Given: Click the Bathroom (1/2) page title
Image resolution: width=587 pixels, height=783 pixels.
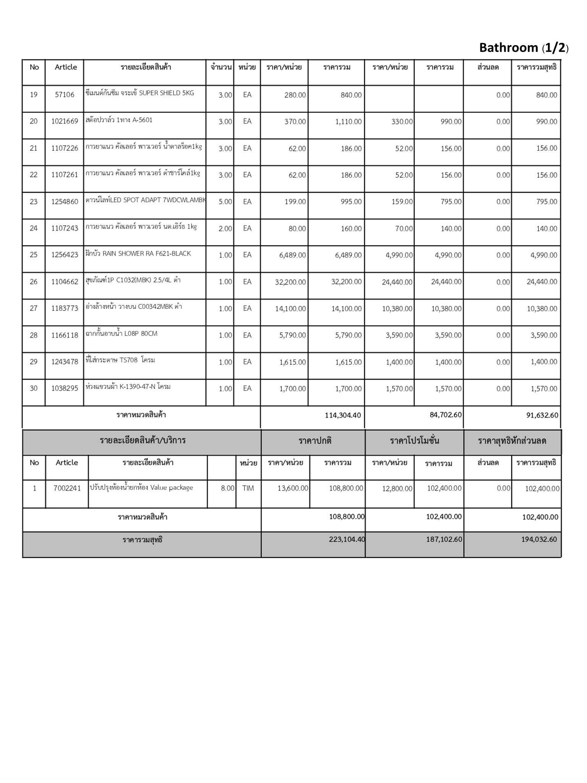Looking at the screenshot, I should pos(524,48).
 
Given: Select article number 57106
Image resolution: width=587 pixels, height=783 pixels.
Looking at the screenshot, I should pos(65,94).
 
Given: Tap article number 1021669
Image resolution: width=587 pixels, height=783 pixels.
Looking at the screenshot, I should pos(65,121).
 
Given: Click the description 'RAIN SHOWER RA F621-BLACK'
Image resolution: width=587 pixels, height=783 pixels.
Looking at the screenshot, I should pos(138,253).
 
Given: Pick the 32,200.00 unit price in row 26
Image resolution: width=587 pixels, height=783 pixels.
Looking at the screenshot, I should pos(290,282).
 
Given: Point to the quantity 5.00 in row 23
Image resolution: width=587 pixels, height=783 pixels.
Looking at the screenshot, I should pos(225,201).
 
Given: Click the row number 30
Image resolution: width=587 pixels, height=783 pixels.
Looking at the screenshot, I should pos(34,388).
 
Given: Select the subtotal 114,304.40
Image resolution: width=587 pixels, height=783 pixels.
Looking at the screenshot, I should pos(342,415).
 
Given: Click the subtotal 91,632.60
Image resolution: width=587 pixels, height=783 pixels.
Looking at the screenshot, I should pos(542,415).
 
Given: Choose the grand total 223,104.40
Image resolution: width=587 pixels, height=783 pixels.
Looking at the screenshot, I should pos(347,539).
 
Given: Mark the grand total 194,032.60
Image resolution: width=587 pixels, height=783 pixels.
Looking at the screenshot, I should pos(539,539).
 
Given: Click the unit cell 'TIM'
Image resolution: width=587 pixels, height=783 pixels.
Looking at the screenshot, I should pos(248,488).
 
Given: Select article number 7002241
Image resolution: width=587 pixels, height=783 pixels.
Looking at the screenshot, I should pos(67,488).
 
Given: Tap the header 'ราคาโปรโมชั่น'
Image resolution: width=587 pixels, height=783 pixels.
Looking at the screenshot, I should pos(414,441).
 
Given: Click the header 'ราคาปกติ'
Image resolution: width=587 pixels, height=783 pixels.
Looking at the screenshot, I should pos(315,441).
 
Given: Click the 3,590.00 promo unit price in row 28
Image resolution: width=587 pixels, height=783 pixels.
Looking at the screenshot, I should pos(399,335).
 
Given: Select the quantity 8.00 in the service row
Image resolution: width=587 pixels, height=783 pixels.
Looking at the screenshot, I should pos(227,488).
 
